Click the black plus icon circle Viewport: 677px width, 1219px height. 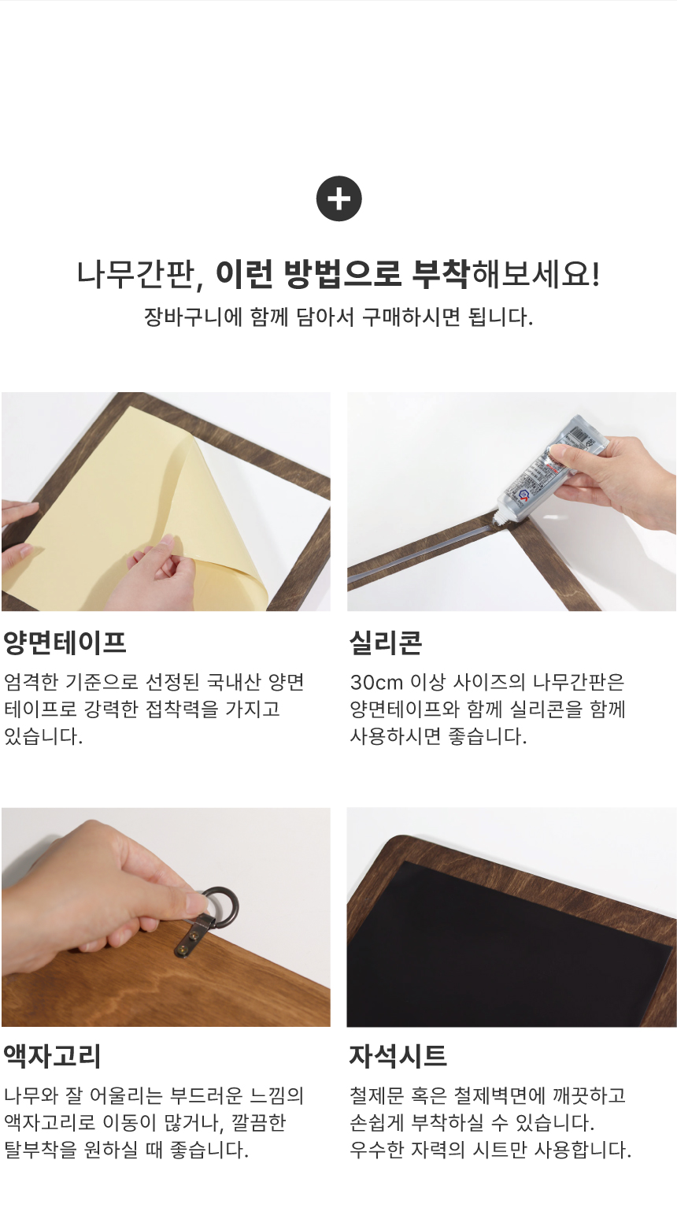[338, 198]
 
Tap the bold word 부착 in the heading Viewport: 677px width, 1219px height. [440, 274]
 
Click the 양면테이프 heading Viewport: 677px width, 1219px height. [65, 643]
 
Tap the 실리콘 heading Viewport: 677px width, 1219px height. [385, 643]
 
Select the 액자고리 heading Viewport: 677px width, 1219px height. [52, 1056]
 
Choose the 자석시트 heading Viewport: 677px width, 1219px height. [398, 1056]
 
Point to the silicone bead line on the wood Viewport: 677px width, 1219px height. [424, 549]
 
